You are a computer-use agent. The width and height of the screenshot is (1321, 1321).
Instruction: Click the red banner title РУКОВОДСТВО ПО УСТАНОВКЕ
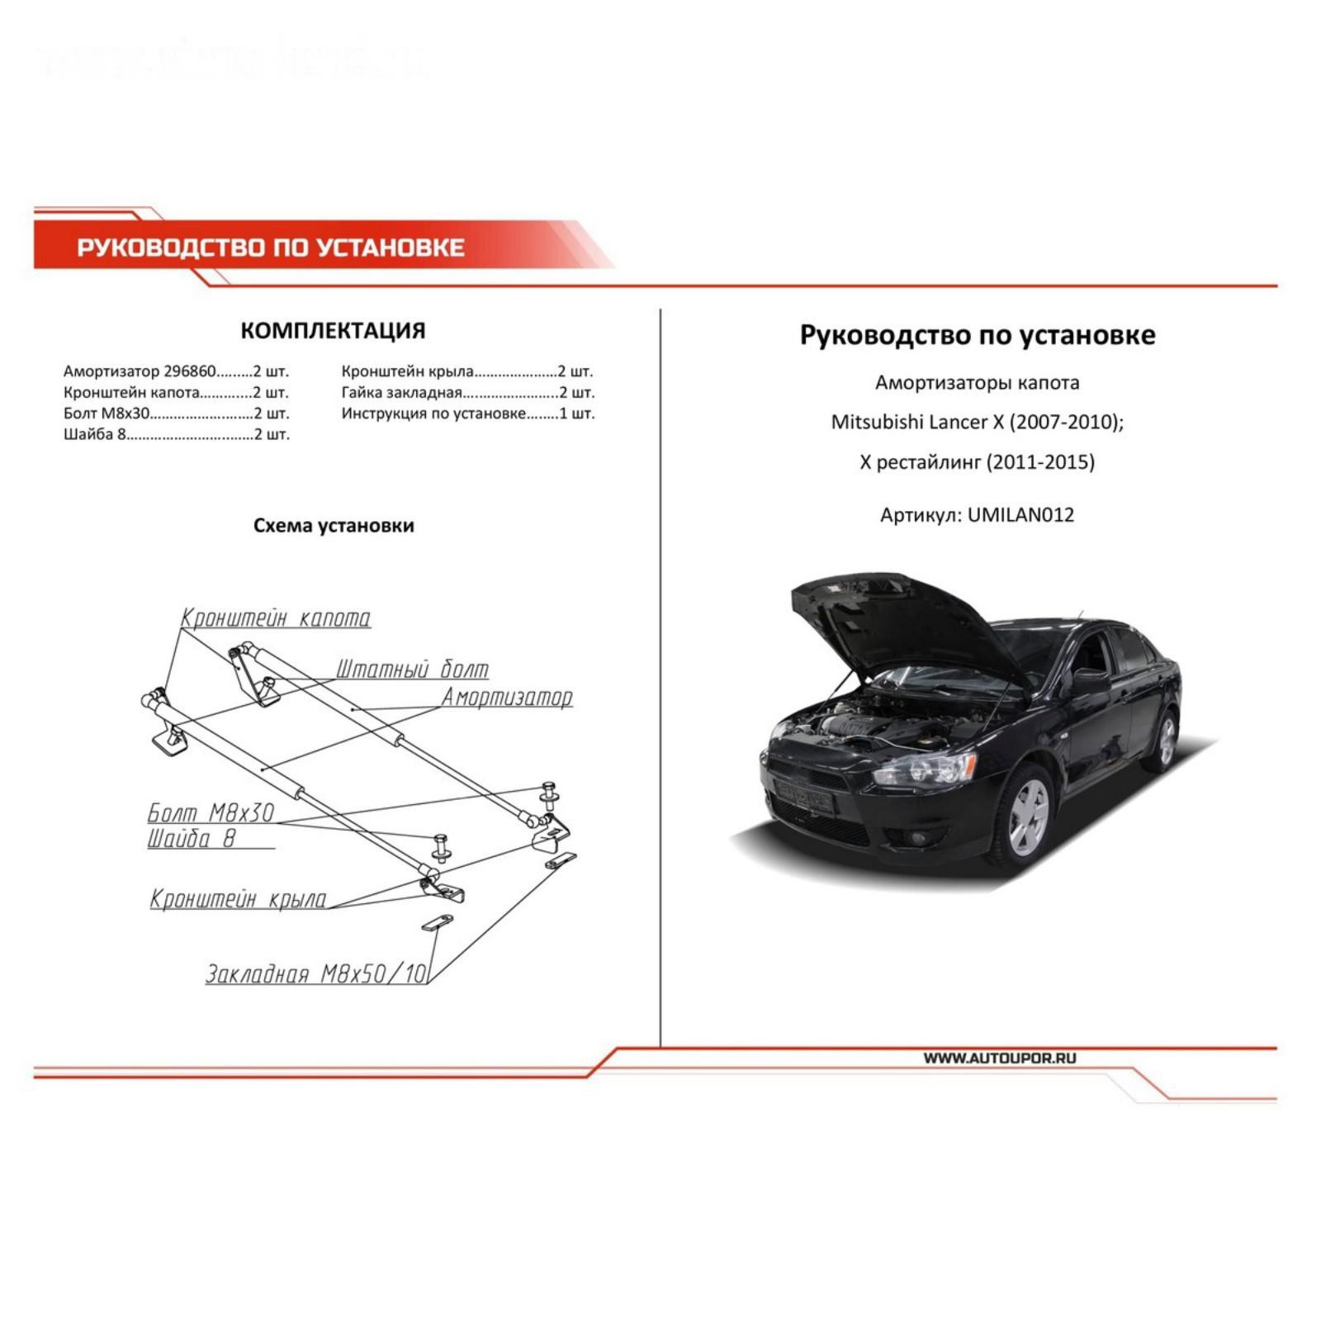click(x=271, y=247)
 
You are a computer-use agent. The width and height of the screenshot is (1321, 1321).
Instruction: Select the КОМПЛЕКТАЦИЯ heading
click(x=333, y=331)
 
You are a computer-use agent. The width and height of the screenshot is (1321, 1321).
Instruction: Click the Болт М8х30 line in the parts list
click(x=176, y=414)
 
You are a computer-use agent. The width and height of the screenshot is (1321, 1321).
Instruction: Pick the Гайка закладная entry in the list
click(x=467, y=393)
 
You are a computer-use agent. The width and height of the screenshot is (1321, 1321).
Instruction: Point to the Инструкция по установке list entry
click(x=467, y=414)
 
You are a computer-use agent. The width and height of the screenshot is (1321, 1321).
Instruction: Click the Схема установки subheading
click(x=334, y=526)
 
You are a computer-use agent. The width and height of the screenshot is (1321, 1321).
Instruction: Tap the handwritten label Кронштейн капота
click(x=276, y=618)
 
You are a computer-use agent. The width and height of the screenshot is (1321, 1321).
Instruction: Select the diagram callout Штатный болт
click(x=411, y=669)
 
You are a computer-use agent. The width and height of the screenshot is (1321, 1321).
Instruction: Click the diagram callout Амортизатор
click(x=507, y=698)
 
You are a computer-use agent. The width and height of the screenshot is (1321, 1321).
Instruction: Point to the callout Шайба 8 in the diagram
click(x=192, y=839)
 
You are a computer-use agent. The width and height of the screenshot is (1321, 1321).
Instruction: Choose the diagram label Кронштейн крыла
click(x=238, y=899)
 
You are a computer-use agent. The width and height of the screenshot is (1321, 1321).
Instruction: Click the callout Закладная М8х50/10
click(x=316, y=974)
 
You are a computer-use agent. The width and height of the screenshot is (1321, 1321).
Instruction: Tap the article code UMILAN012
click(x=1020, y=515)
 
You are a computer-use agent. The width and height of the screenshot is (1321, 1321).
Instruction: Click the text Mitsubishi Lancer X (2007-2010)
click(x=977, y=422)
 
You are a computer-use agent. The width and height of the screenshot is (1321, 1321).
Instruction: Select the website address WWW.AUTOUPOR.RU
click(x=999, y=1058)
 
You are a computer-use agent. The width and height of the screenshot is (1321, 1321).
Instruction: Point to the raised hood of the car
click(x=900, y=619)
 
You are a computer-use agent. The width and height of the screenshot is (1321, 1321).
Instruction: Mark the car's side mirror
click(x=1090, y=681)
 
